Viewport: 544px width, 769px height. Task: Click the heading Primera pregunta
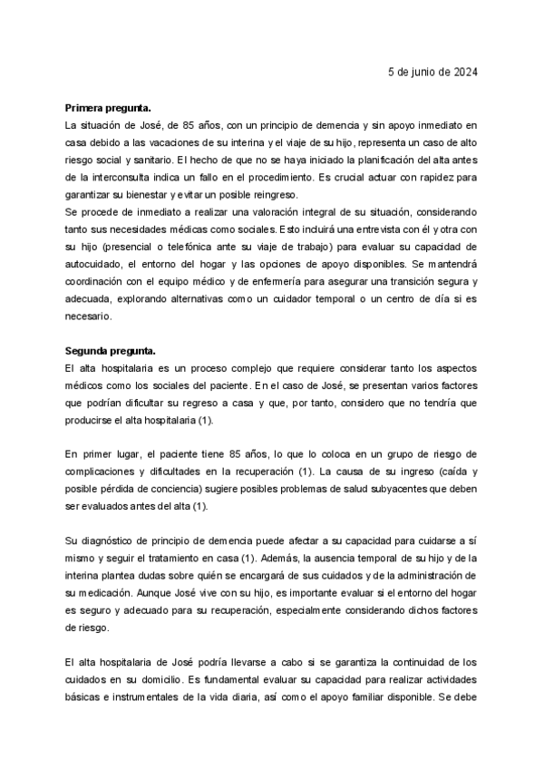pyautogui.click(x=102, y=107)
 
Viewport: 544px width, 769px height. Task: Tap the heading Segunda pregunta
pyautogui.click(x=103, y=350)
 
